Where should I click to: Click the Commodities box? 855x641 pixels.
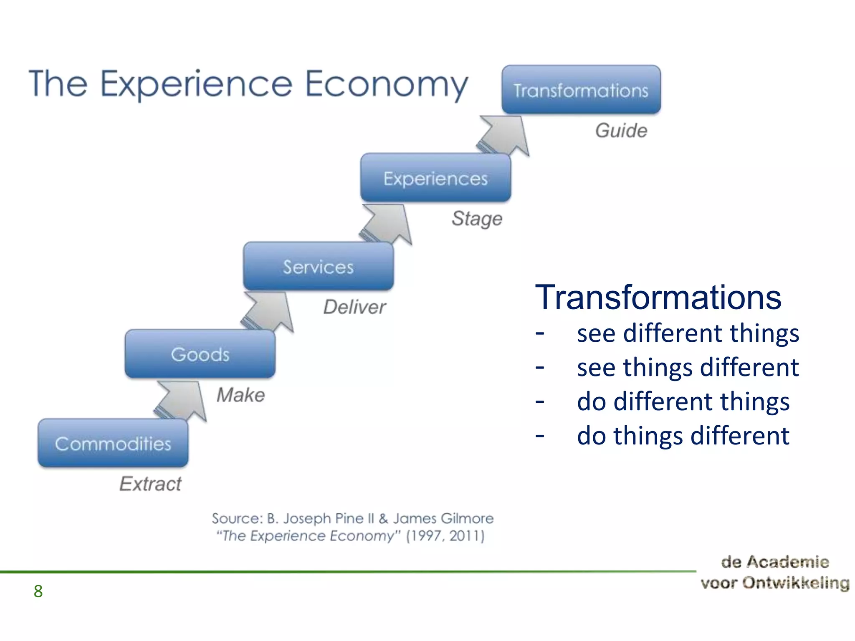[113, 443]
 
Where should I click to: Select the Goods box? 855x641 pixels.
[200, 354]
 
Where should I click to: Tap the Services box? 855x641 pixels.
[318, 267]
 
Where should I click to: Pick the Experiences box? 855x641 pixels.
[435, 178]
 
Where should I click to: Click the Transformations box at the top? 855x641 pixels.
[581, 90]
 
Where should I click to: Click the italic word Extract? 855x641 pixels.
[150, 484]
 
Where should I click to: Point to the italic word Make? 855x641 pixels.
[241, 395]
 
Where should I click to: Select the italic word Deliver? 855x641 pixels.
[354, 307]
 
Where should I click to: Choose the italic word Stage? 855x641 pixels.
[477, 219]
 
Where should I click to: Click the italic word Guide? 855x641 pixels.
[621, 131]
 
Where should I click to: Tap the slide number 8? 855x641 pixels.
[38, 591]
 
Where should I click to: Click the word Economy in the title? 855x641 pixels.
[386, 85]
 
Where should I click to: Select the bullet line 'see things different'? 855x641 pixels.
[687, 368]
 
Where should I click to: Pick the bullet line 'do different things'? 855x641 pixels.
[683, 401]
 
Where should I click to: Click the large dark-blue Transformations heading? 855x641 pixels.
[658, 297]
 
